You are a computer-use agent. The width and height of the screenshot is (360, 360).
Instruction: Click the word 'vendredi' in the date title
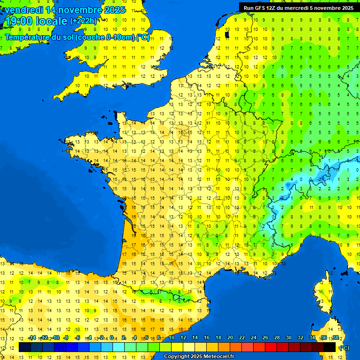(x=24, y=10)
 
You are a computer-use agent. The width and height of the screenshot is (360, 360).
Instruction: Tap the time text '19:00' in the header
(x=19, y=21)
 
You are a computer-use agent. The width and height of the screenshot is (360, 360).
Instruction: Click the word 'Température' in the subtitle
(x=28, y=37)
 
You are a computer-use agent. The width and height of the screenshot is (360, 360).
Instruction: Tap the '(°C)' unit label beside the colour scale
(x=344, y=347)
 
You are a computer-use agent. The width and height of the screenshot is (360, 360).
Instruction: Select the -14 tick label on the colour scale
(x=31, y=337)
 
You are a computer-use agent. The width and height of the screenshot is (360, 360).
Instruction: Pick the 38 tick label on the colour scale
(x=335, y=337)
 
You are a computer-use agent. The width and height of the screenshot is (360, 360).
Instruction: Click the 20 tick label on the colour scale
(x=230, y=337)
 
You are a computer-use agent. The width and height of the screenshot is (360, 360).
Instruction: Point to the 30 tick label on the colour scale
(x=288, y=337)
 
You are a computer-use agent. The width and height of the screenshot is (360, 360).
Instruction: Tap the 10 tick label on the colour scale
(x=171, y=337)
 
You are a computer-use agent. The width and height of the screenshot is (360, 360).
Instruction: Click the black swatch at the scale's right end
(x=330, y=347)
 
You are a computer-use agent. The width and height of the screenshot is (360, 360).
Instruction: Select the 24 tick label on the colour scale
(x=253, y=337)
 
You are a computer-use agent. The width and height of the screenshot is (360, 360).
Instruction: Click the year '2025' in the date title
(x=115, y=10)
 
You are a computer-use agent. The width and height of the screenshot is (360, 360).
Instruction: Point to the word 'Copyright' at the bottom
(x=176, y=357)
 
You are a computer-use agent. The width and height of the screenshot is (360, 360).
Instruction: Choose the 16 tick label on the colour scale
(x=206, y=337)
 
